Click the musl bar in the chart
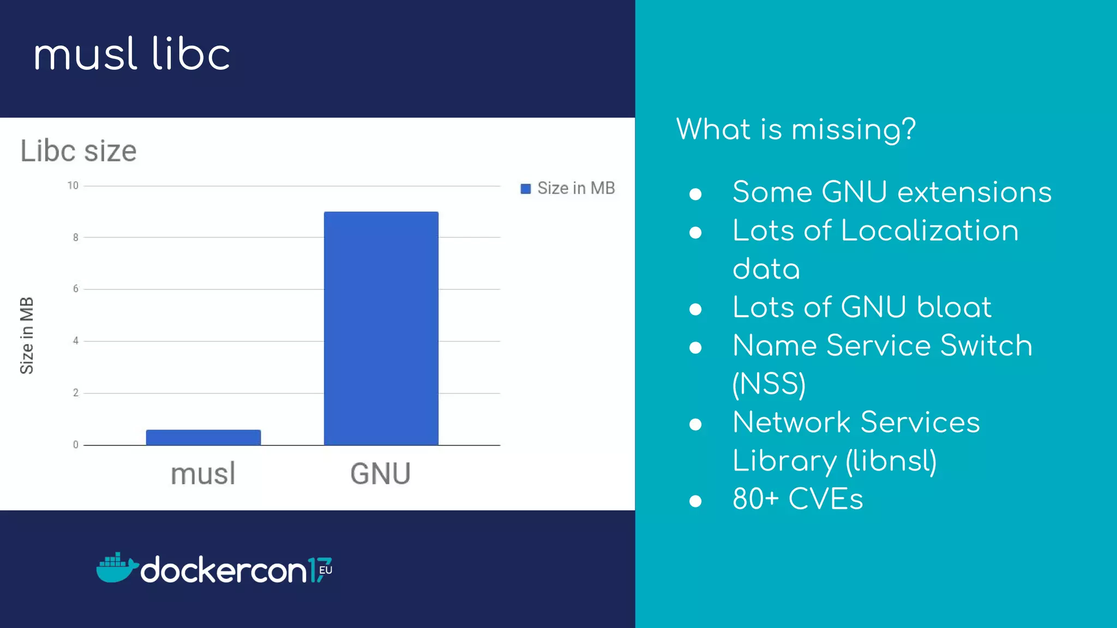click(x=203, y=437)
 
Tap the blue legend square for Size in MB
click(x=525, y=189)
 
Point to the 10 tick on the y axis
click(x=73, y=186)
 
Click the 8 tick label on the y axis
click(x=76, y=238)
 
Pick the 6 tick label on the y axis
click(x=76, y=289)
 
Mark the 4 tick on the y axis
click(x=76, y=341)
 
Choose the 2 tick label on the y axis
click(x=76, y=393)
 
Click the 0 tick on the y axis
click(x=76, y=445)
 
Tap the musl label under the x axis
click(x=203, y=474)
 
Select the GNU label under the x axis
click(x=380, y=474)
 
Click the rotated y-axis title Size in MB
click(x=27, y=336)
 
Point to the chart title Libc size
click(x=79, y=151)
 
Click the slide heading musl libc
click(x=132, y=55)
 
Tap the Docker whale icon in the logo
click(x=116, y=568)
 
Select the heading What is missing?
click(x=796, y=130)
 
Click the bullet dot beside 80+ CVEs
click(x=695, y=500)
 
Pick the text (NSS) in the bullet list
click(x=769, y=384)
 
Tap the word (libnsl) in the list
click(x=891, y=461)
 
